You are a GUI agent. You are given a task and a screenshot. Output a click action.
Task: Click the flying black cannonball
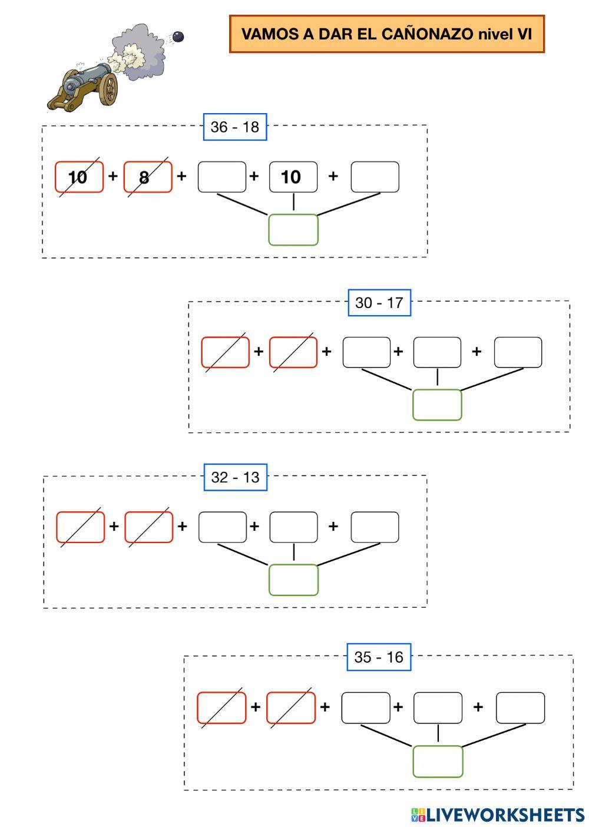178,37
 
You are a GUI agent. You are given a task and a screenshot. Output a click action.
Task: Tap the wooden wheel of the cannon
109,90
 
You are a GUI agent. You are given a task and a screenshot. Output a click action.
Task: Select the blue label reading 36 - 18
235,127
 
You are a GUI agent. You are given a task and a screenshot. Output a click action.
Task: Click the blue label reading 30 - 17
379,303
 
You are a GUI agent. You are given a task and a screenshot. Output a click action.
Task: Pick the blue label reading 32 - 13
235,477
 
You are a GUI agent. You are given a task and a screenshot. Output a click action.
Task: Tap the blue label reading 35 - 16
379,657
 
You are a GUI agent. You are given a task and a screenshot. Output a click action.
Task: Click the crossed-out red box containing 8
148,177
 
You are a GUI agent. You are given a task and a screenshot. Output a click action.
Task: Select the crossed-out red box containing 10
79,177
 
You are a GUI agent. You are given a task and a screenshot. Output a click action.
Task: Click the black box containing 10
293,177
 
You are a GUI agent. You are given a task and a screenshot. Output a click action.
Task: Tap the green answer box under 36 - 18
293,230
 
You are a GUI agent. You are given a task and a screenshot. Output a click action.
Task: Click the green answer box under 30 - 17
437,405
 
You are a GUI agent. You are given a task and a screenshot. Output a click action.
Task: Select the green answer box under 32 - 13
293,580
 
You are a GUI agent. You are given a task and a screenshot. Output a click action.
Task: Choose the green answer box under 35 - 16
438,761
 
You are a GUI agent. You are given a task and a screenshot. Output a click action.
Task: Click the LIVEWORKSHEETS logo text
505,815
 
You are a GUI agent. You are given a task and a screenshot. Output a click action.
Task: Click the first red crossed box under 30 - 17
225,352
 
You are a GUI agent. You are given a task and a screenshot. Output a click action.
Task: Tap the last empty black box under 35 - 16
520,707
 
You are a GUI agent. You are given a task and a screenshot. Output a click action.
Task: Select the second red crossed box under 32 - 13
149,527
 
